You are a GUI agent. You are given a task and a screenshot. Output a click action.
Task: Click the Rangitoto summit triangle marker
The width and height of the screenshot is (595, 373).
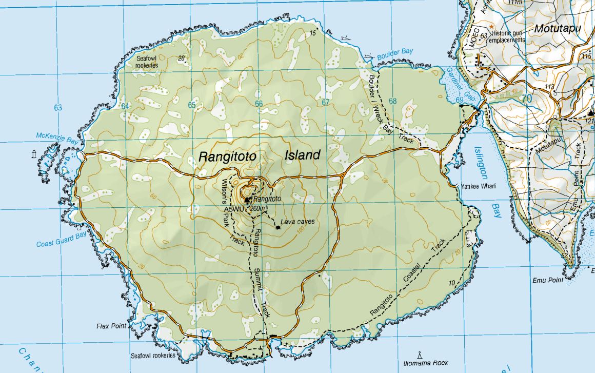tap(247, 199)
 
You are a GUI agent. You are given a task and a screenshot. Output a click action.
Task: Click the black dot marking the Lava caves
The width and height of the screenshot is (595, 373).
tap(277, 227)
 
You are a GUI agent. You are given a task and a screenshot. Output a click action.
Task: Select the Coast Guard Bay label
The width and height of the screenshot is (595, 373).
tap(61, 240)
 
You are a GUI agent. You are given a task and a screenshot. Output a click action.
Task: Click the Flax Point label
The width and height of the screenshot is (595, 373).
tap(111, 326)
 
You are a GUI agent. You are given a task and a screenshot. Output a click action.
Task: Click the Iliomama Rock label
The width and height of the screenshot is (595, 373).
tap(426, 363)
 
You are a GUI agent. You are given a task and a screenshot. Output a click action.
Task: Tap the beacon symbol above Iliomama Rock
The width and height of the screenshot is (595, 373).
tap(420, 354)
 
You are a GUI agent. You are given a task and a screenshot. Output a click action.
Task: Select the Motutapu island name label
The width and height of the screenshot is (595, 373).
tap(557, 29)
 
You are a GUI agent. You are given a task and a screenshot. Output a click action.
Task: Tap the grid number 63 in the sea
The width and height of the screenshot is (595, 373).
tap(57, 107)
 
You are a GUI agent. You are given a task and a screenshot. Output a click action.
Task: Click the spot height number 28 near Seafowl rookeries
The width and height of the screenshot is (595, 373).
tap(182, 58)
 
